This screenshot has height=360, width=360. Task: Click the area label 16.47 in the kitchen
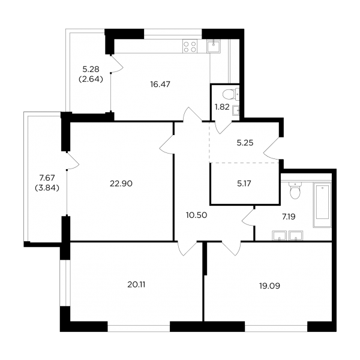pyautogui.click(x=160, y=85)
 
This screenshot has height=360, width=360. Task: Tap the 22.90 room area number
pyautogui.click(x=121, y=184)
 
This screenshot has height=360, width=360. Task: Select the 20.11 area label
pyautogui.click(x=136, y=284)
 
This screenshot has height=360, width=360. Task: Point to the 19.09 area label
pyautogui.click(x=269, y=286)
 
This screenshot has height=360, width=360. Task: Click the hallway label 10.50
pyautogui.click(x=197, y=215)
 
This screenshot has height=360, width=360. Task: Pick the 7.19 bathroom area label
pyautogui.click(x=289, y=217)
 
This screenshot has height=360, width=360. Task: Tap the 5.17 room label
pyautogui.click(x=244, y=184)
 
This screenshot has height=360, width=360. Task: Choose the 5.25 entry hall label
pyautogui.click(x=245, y=143)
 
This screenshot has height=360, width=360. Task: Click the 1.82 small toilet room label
pyautogui.click(x=222, y=107)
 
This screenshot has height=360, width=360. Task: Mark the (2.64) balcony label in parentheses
pyautogui.click(x=91, y=79)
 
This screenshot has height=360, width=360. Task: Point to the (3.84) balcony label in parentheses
pyautogui.click(x=47, y=188)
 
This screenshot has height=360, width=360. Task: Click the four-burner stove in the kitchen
pyautogui.click(x=190, y=46)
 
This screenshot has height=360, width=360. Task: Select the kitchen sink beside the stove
pyautogui.click(x=214, y=46)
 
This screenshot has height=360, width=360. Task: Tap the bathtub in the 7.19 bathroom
pyautogui.click(x=323, y=205)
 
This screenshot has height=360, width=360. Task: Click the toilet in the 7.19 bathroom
pyautogui.click(x=294, y=191)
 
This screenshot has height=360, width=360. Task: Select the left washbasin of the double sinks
pyautogui.click(x=279, y=236)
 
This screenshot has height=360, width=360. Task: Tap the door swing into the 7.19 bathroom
pyautogui.click(x=248, y=217)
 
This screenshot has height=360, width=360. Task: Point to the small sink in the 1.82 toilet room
pyautogui.click(x=236, y=111)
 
